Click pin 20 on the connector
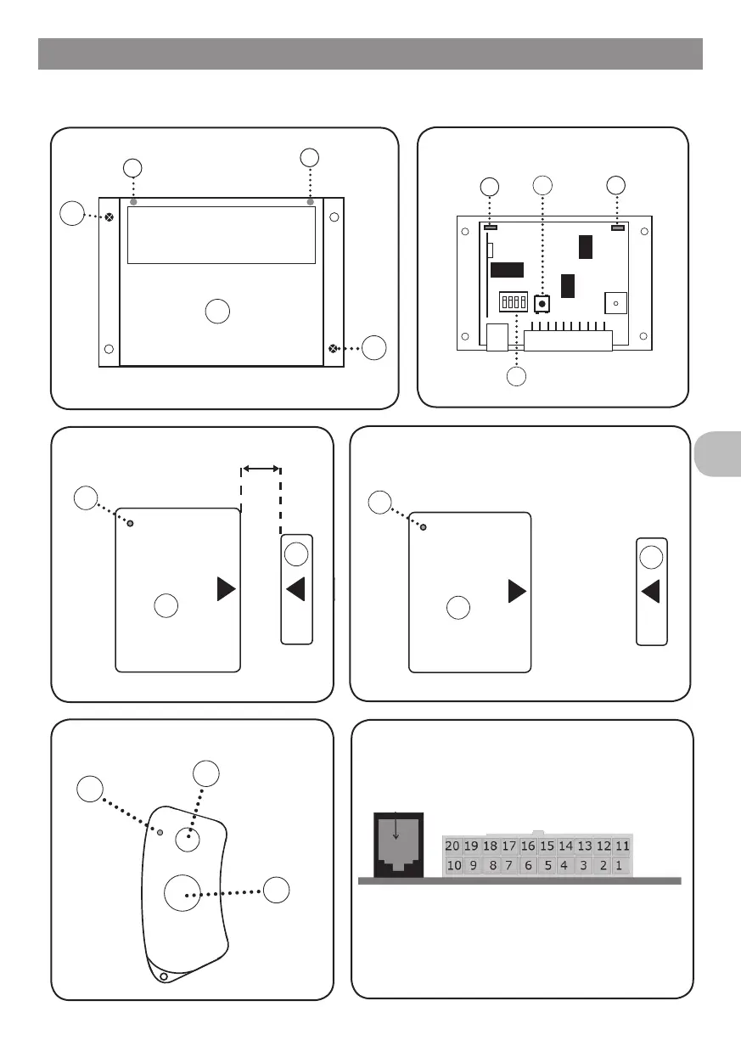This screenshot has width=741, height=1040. coord(452,846)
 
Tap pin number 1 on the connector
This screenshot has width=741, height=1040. coord(620,866)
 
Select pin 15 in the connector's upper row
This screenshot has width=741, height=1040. coord(547,846)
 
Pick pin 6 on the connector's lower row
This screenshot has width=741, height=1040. coord(528,866)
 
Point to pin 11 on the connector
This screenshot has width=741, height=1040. coord(623,846)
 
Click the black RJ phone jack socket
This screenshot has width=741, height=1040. coord(397,846)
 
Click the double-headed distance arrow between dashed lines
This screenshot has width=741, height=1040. coord(261,467)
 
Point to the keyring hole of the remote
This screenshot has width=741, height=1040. coord(163,976)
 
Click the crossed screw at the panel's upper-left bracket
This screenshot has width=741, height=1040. coord(109,217)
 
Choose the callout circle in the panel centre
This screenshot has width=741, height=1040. coord(218,311)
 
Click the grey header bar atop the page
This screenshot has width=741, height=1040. coord(370,53)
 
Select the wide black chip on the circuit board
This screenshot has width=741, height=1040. coord(507,270)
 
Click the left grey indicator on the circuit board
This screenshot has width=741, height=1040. coord(490,228)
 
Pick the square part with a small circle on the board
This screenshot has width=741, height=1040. coord(615,303)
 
